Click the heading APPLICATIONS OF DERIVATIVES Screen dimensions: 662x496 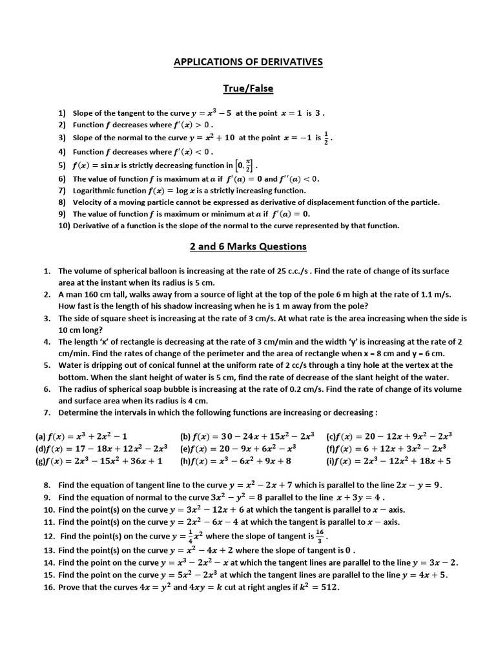[x=248, y=62]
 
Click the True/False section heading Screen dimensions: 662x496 [x=248, y=87]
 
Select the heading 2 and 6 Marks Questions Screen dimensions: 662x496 [x=248, y=246]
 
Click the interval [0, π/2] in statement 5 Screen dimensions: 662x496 [x=245, y=165]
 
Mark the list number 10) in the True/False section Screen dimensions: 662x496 [x=64, y=226]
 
